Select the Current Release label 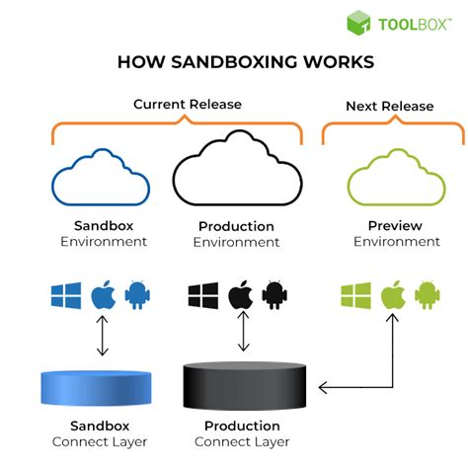point(188,104)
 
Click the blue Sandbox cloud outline point(101,175)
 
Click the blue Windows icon point(66,295)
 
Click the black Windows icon point(202,295)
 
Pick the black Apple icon point(240,294)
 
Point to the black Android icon point(275,295)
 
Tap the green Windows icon point(355,295)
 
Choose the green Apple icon point(393,294)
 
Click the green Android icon point(427,295)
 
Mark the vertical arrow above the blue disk point(99,339)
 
